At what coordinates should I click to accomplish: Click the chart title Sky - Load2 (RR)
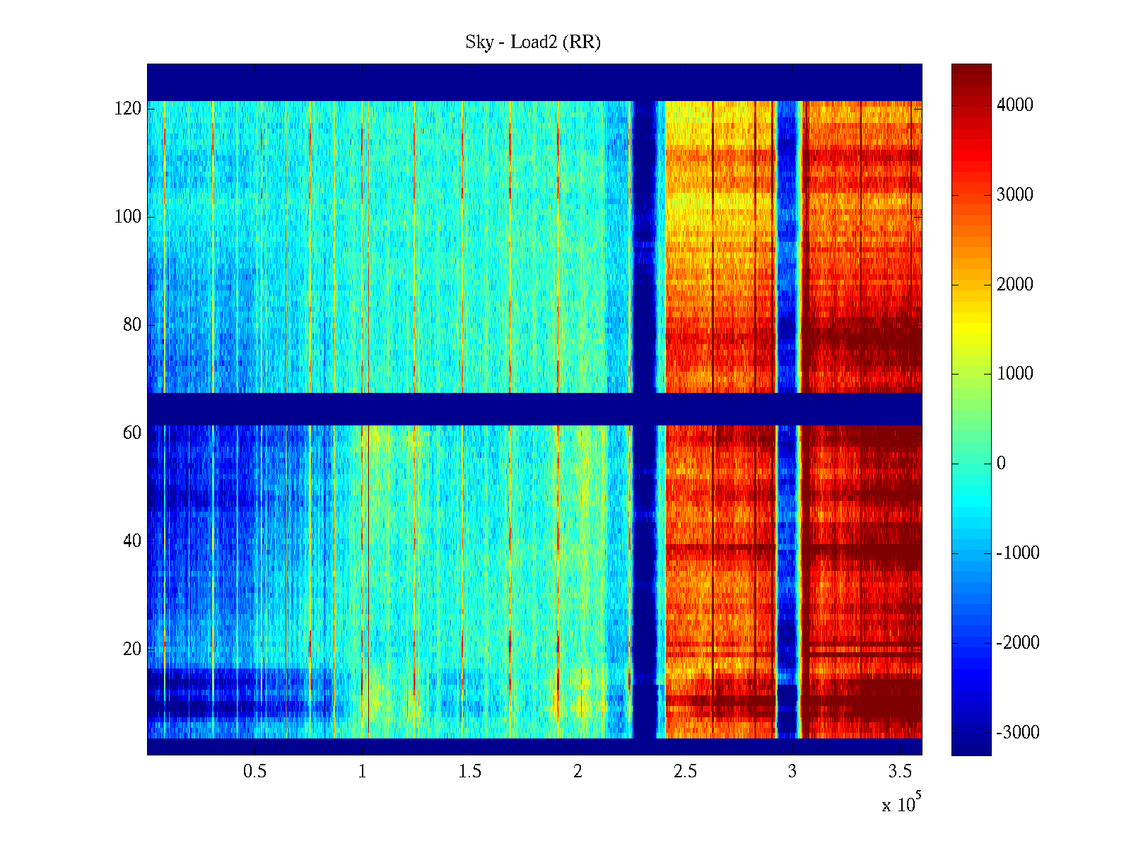pyautogui.click(x=533, y=42)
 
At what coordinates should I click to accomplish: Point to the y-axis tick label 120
pyautogui.click(x=128, y=109)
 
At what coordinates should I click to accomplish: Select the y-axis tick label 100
pyautogui.click(x=128, y=217)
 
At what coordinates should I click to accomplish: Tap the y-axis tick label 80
pyautogui.click(x=132, y=325)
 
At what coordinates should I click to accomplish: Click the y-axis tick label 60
pyautogui.click(x=132, y=433)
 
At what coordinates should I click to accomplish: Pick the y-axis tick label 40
pyautogui.click(x=132, y=541)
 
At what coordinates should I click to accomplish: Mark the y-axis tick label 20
pyautogui.click(x=132, y=649)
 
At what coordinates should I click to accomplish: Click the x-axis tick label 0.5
pyautogui.click(x=255, y=772)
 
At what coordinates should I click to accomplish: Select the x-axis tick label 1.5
pyautogui.click(x=470, y=772)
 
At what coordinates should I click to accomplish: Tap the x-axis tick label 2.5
pyautogui.click(x=685, y=772)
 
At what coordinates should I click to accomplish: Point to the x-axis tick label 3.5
pyautogui.click(x=900, y=772)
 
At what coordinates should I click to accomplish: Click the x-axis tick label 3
pyautogui.click(x=792, y=772)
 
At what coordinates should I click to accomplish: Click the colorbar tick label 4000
pyautogui.click(x=1015, y=105)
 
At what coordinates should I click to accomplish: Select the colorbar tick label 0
pyautogui.click(x=1001, y=464)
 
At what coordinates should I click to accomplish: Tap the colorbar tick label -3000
pyautogui.click(x=1018, y=733)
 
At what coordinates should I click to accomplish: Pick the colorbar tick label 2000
pyautogui.click(x=1015, y=285)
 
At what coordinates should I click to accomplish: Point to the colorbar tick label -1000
pyautogui.click(x=1018, y=553)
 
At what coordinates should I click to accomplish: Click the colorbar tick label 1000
pyautogui.click(x=1015, y=374)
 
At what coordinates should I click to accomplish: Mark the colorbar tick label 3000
pyautogui.click(x=1015, y=195)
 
